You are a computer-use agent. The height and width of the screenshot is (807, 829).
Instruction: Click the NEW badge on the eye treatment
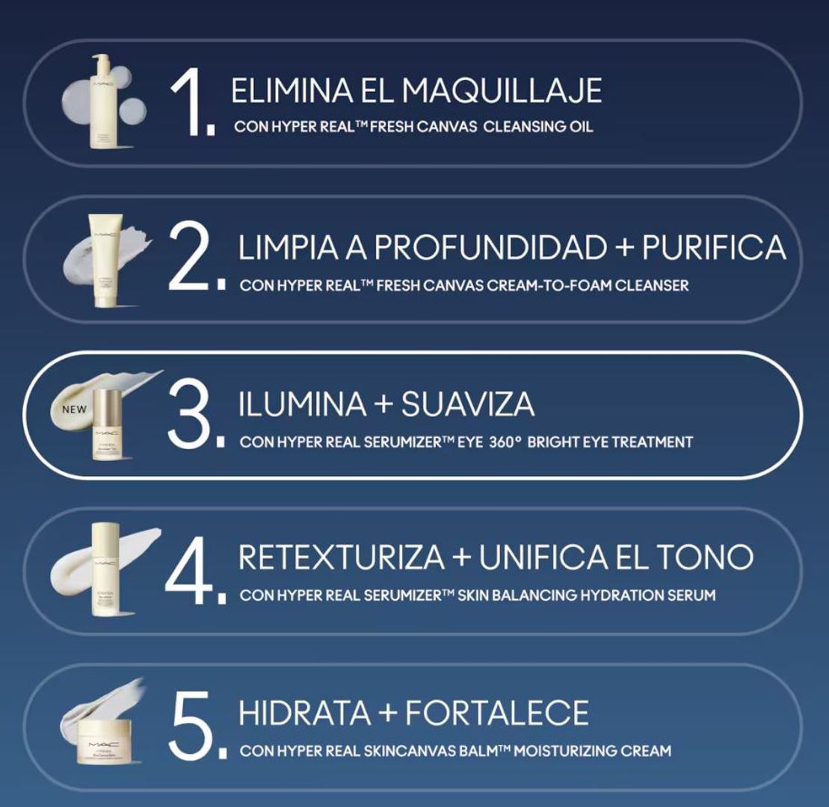click(74, 409)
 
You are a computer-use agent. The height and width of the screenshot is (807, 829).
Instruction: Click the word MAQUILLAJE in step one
click(501, 91)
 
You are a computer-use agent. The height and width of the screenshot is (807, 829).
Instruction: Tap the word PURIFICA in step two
click(714, 247)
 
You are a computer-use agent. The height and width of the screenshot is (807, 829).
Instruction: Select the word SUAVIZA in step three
click(467, 404)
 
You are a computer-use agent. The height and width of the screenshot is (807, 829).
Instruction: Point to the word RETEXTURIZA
click(342, 557)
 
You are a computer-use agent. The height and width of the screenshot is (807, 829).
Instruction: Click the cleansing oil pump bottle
click(105, 102)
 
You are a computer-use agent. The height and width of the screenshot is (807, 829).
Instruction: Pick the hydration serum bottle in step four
click(105, 569)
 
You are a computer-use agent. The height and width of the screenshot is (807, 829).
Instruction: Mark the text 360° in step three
click(505, 442)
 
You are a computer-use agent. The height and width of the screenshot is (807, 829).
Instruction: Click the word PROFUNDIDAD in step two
click(492, 247)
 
